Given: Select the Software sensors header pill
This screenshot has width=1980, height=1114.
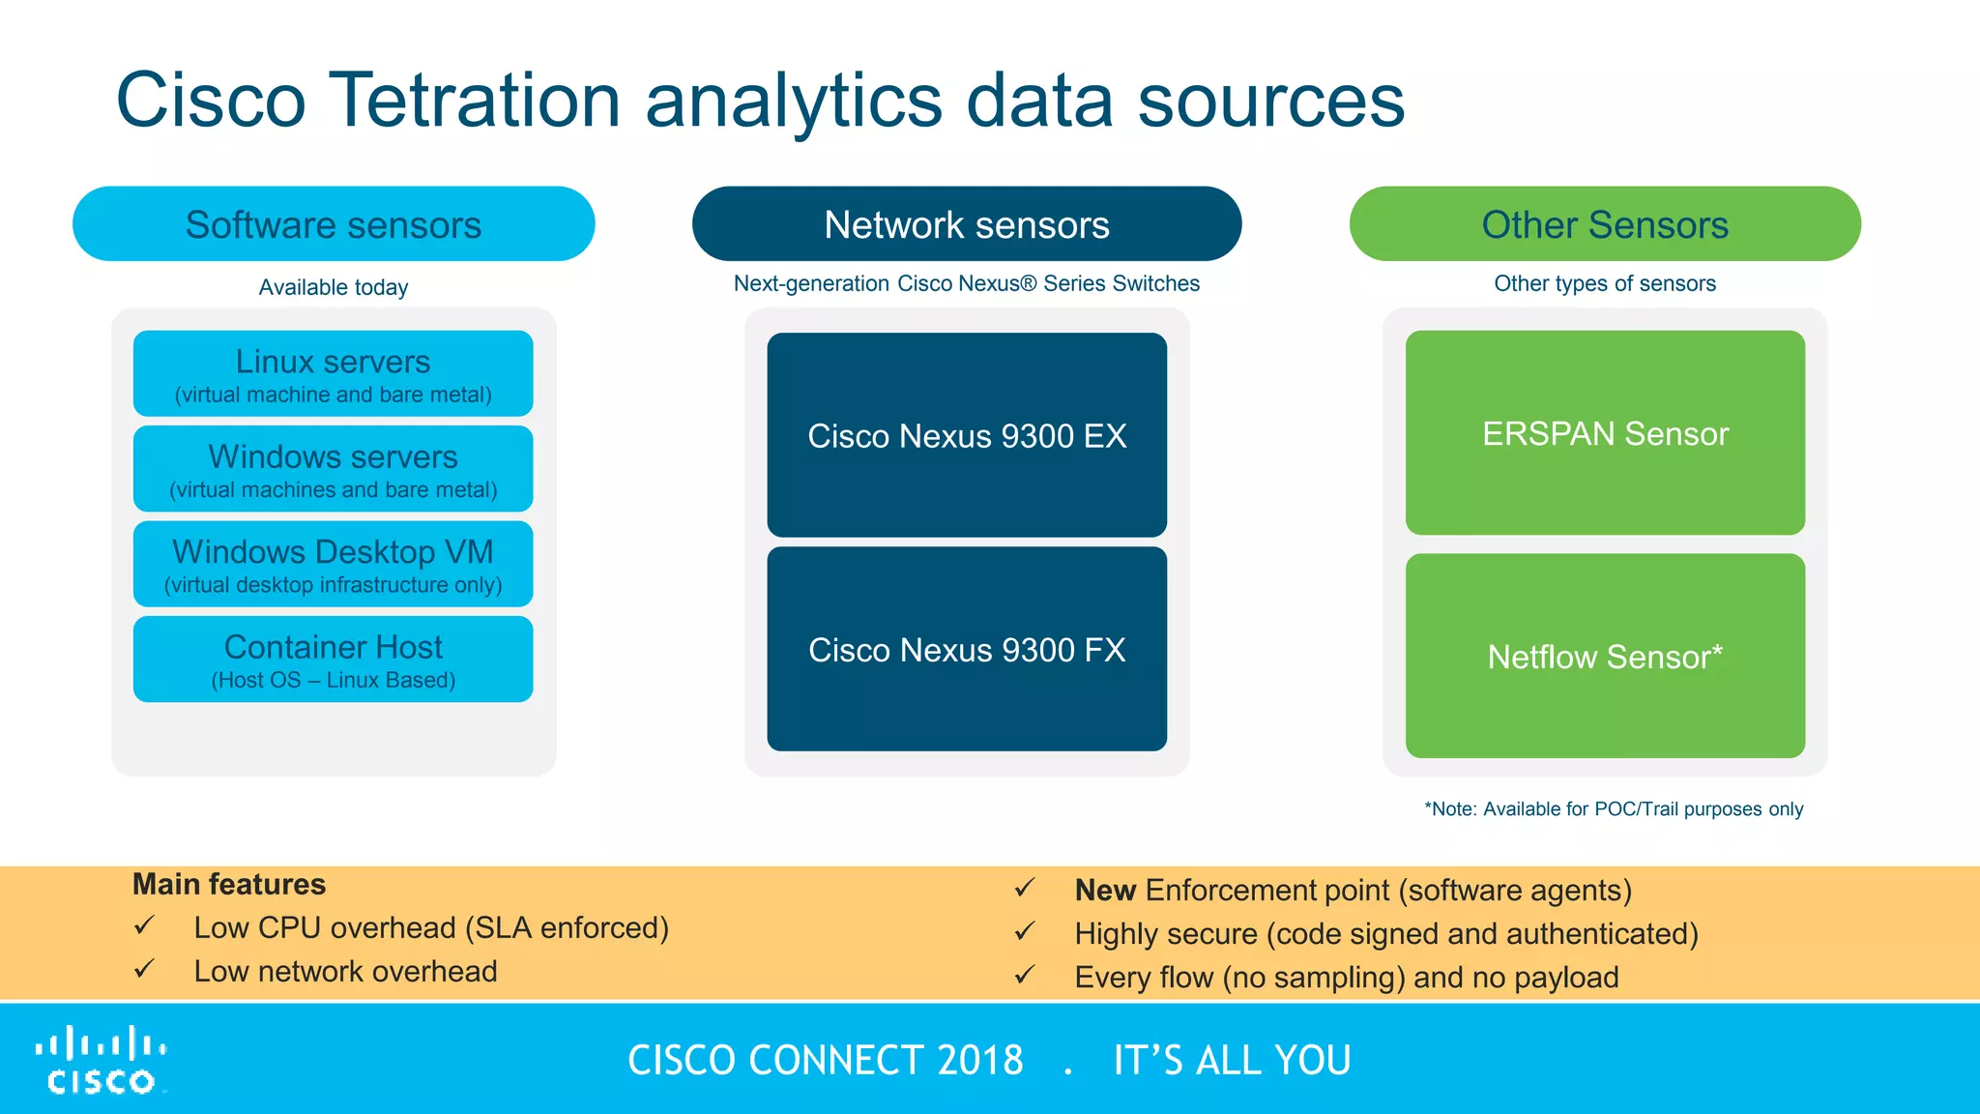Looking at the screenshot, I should click(x=334, y=224).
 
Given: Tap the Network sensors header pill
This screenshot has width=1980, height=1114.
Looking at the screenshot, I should click(x=967, y=224).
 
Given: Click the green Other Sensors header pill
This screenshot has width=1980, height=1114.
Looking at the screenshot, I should click(x=1605, y=224).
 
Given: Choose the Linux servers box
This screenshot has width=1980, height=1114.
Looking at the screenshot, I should click(x=334, y=374).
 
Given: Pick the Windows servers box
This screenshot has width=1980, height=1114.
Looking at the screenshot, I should click(x=334, y=469).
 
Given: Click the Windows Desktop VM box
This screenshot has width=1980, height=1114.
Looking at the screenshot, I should click(x=334, y=564).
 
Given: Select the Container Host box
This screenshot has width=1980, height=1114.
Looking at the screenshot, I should click(x=334, y=659).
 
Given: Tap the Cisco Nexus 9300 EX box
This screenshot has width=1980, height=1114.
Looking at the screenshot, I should click(x=967, y=435).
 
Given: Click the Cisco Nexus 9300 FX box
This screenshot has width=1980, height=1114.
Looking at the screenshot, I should click(x=967, y=649).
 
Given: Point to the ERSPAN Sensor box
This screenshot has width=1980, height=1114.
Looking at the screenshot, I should click(x=1605, y=433).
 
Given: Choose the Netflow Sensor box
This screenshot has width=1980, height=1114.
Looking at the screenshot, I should click(x=1605, y=656).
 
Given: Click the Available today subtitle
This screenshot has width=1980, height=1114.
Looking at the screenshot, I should click(x=334, y=287).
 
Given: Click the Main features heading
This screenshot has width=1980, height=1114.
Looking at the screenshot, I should click(x=229, y=884).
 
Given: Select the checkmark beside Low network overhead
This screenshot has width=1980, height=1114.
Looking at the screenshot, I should click(x=144, y=969).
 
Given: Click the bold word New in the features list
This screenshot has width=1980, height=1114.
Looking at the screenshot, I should click(x=1105, y=890).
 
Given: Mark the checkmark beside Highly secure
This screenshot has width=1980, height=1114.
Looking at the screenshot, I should click(x=1025, y=932).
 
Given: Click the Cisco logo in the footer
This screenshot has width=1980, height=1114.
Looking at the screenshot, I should click(x=102, y=1061).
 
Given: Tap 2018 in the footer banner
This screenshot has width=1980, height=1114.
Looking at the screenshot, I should click(x=979, y=1061).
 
